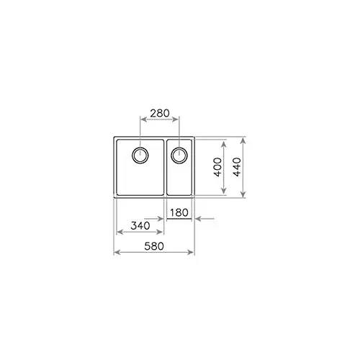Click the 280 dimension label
[159, 113]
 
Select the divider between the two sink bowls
[166, 168]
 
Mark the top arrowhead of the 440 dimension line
[246, 140]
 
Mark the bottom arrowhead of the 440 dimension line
[246, 195]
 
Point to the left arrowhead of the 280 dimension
[142, 120]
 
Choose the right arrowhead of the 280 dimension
[177, 120]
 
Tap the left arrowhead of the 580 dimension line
[117, 253]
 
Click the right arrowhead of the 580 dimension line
[192, 253]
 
